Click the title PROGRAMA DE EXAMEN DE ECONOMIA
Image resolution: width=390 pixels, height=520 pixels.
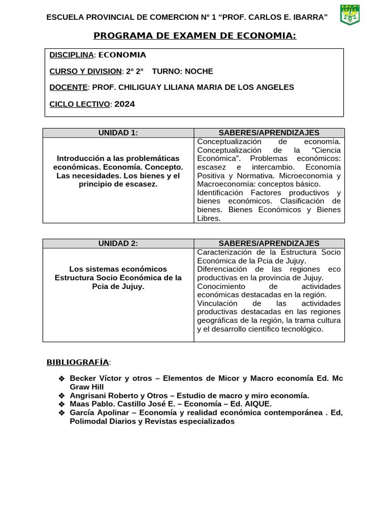(194, 35)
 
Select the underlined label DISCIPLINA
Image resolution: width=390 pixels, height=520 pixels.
(71, 55)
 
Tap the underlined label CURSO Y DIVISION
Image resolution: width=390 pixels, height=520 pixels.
(85, 71)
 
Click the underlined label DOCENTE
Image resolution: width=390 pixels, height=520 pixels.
(68, 87)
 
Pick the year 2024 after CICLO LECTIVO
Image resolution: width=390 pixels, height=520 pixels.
(125, 104)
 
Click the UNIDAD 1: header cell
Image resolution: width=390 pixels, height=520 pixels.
(118, 133)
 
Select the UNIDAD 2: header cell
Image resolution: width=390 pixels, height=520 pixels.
(118, 243)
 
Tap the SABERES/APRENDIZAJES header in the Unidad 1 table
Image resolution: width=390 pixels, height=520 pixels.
(269, 133)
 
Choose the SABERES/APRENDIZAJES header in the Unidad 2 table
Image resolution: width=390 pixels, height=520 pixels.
(269, 243)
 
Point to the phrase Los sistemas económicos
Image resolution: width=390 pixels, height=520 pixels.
(118, 269)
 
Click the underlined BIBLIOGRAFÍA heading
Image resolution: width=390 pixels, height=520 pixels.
(78, 362)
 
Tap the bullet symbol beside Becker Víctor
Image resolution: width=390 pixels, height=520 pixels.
(61, 379)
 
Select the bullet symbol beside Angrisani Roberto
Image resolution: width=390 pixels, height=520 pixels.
(61, 396)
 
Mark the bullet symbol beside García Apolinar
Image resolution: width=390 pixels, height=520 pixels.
(61, 412)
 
